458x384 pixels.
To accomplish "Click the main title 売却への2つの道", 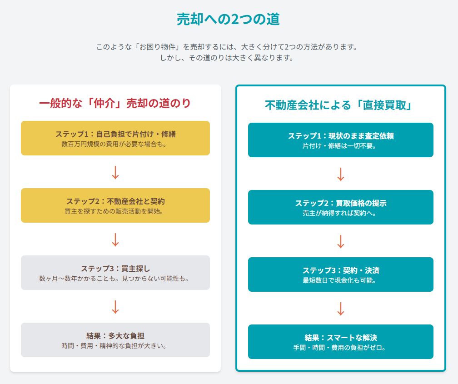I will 228,19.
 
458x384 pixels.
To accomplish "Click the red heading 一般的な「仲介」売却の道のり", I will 115,103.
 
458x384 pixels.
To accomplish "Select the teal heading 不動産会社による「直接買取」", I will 340,105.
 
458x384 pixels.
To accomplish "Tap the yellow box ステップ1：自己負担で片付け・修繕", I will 115,138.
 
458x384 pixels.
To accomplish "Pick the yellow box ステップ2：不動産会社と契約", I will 115,205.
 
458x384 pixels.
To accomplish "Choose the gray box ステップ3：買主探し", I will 115,273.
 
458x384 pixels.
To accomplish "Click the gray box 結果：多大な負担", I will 115,340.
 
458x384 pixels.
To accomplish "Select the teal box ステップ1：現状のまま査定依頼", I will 341,140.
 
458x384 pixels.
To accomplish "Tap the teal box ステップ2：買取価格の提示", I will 341,207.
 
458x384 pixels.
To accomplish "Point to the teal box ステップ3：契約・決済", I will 341,274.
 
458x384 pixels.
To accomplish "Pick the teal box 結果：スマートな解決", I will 341,342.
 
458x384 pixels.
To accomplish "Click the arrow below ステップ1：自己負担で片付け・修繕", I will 115,172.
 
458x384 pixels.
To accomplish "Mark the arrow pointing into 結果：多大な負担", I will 115,307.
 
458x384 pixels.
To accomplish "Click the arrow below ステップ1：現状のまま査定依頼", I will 341,174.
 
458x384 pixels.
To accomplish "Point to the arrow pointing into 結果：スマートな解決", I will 341,309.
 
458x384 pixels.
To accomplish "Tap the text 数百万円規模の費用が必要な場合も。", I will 115,144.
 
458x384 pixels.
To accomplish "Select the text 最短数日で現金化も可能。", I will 341,280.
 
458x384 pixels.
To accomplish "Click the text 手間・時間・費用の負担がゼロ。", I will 341,348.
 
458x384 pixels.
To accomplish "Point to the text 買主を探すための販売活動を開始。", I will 115,211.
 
